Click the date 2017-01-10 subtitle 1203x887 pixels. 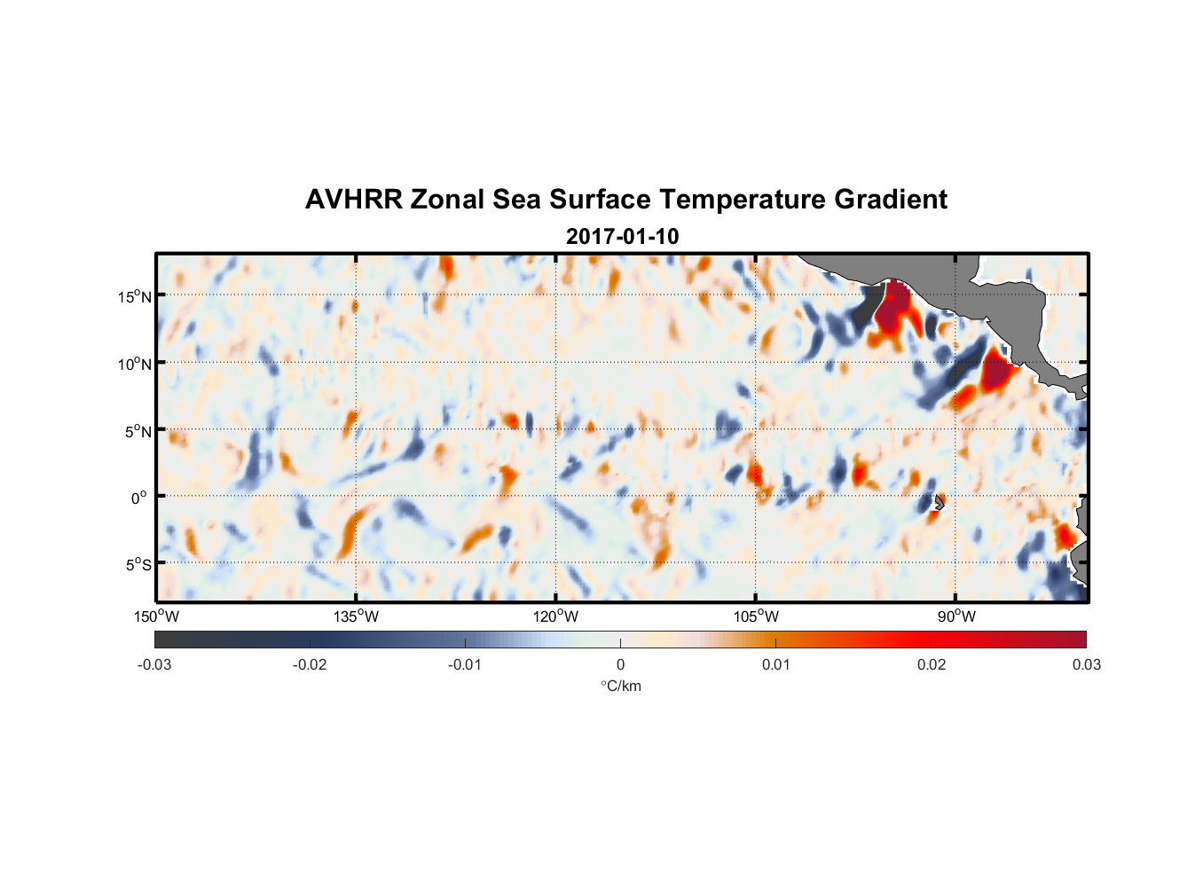(622, 237)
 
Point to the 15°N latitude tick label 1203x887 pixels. (135, 296)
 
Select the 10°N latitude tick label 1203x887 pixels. (135, 364)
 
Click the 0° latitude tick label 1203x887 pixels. (139, 498)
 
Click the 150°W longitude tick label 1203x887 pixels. (157, 616)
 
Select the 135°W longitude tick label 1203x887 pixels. (357, 616)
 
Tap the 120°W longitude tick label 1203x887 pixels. (556, 616)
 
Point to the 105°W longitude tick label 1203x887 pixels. (756, 616)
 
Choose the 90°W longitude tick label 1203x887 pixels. (955, 616)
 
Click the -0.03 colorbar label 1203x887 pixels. (154, 664)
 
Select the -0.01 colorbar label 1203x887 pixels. (465, 664)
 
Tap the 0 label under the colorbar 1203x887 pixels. (620, 664)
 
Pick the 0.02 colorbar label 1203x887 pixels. (932, 664)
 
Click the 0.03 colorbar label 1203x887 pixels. (1086, 664)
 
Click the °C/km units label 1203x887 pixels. (621, 686)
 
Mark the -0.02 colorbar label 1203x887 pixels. (310, 664)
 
